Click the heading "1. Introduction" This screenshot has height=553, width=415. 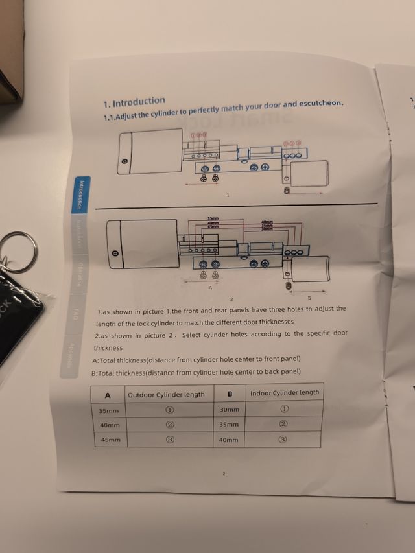pyautogui.click(x=134, y=102)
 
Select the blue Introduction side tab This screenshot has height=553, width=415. pyautogui.click(x=80, y=194)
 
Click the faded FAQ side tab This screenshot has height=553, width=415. pyautogui.click(x=75, y=315)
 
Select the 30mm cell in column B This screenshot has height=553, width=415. pyautogui.click(x=229, y=410)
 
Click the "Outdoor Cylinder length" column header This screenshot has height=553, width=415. pyautogui.click(x=166, y=394)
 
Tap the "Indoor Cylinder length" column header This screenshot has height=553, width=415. pyautogui.click(x=285, y=392)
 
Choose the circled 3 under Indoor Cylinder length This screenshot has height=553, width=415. pyautogui.click(x=283, y=440)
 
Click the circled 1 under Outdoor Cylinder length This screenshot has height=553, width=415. pyautogui.click(x=169, y=410)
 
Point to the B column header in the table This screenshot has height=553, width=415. pyautogui.click(x=230, y=394)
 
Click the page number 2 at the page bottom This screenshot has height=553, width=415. pyautogui.click(x=224, y=474)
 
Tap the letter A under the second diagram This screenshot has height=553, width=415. pyautogui.click(x=210, y=288)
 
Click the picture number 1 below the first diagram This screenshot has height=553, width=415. pyautogui.click(x=228, y=194)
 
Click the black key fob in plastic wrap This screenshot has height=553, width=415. pyautogui.click(x=16, y=318)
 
